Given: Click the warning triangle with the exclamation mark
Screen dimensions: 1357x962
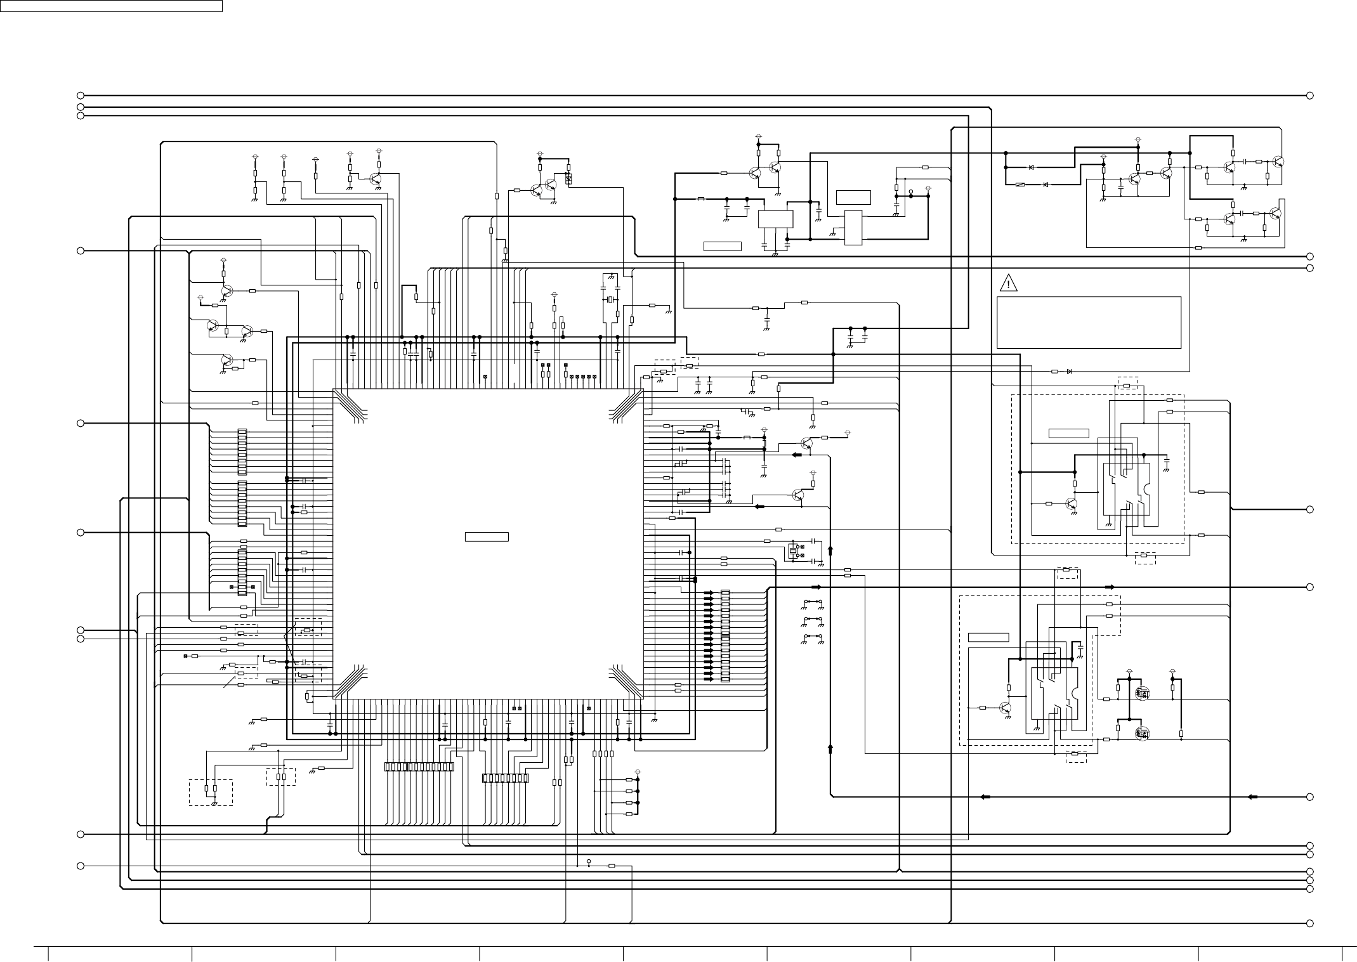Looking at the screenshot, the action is [x=1008, y=283].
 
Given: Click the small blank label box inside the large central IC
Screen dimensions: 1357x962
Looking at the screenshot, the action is [x=487, y=537].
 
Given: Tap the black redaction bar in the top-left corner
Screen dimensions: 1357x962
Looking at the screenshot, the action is [x=111, y=6].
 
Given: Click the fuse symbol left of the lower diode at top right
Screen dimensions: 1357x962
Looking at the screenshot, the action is [x=1019, y=185].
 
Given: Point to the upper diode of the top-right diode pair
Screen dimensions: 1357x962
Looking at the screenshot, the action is [x=1031, y=167].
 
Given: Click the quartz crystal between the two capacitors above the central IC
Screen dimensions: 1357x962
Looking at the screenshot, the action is [x=611, y=300].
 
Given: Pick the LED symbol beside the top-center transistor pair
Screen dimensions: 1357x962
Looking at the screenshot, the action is [x=568, y=178].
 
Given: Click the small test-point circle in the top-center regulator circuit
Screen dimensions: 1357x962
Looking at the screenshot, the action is [x=911, y=191].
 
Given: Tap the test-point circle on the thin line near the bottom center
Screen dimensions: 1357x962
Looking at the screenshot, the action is [x=589, y=862].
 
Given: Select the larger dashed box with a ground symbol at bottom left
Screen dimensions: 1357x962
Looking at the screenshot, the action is [x=211, y=792].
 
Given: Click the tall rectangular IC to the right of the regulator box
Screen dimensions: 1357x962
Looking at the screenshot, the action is [x=853, y=228].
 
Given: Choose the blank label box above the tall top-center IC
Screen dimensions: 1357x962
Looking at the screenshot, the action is [x=853, y=197].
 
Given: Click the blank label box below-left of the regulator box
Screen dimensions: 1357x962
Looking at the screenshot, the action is [x=723, y=246].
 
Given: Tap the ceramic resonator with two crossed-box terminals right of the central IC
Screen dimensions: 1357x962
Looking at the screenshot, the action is [x=793, y=550].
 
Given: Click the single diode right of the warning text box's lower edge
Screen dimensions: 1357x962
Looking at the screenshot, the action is [x=1069, y=371].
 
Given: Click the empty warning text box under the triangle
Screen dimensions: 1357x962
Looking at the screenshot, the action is [x=1089, y=322].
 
